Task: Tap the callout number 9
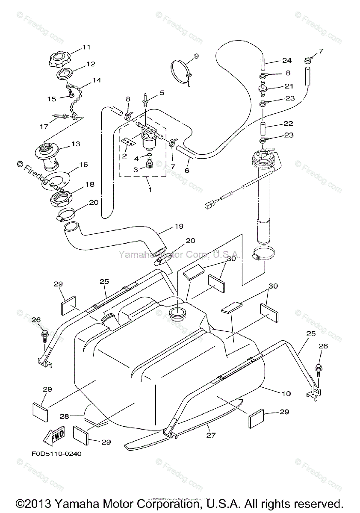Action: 196,56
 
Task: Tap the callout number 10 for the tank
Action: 286,393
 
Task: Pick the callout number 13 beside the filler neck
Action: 76,144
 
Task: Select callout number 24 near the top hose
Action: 286,60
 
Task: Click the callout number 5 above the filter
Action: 162,92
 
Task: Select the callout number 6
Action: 187,171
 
